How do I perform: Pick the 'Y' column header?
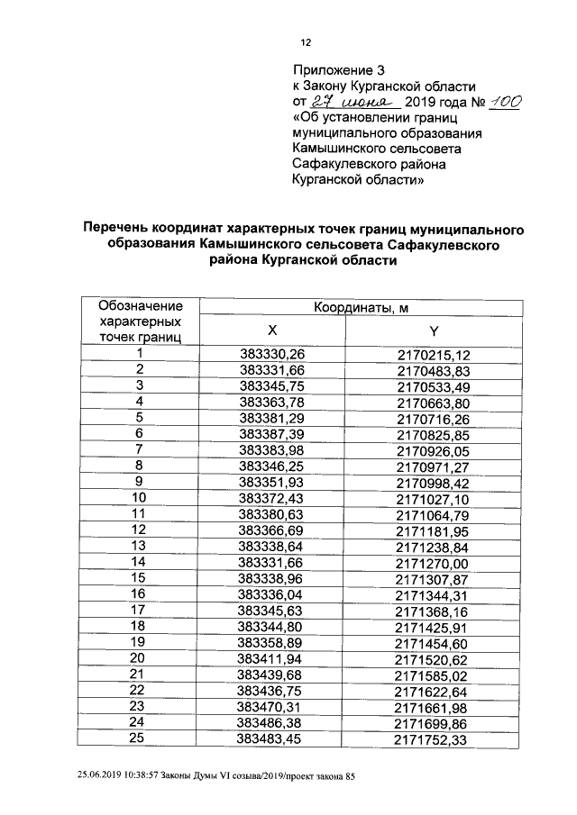433,330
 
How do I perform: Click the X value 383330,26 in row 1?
273,354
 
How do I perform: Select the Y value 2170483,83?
434,370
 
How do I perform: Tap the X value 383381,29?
273,418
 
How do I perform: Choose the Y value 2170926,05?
434,449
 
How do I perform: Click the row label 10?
140,497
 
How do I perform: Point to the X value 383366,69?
273,529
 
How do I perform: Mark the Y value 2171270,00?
434,561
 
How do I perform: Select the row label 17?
140,609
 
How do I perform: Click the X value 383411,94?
273,657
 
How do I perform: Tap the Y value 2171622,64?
434,689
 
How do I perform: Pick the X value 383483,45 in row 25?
273,738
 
